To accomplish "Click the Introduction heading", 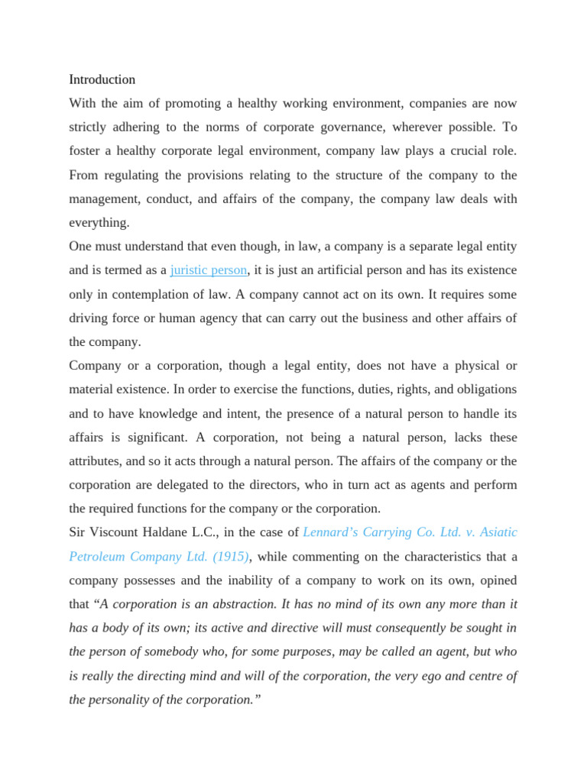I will point(102,79).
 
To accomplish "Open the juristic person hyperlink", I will point(209,270).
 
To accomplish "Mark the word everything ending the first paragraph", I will point(99,222).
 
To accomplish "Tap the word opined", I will point(498,580).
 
